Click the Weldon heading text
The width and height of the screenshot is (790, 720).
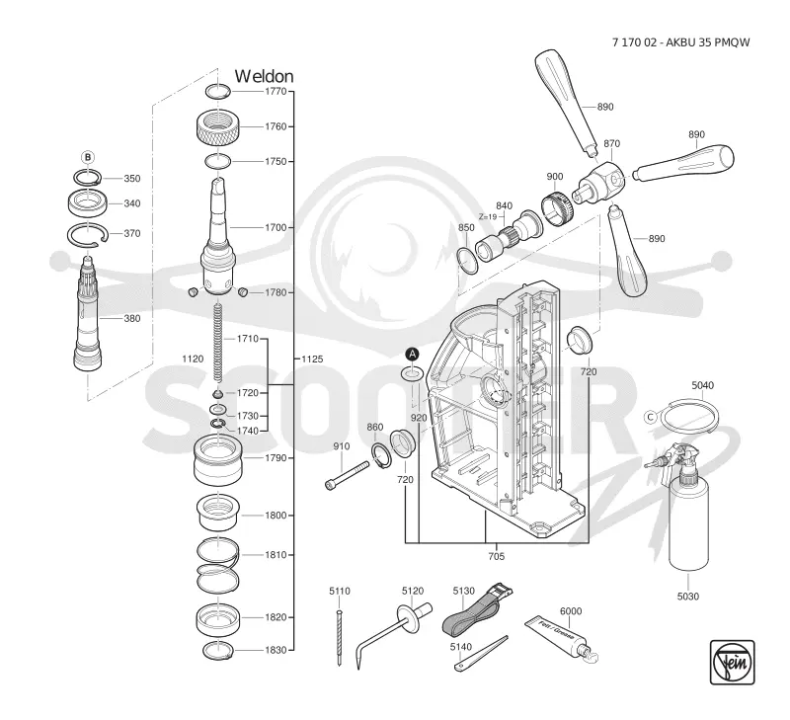[x=264, y=76]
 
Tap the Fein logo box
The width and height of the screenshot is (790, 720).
[x=732, y=662]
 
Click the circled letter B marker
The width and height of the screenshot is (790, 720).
[x=88, y=158]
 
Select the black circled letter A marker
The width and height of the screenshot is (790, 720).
[x=413, y=354]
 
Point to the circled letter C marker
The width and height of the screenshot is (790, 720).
[x=651, y=417]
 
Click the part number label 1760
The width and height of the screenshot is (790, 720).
[x=276, y=126]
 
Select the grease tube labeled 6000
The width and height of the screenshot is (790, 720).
[x=561, y=638]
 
